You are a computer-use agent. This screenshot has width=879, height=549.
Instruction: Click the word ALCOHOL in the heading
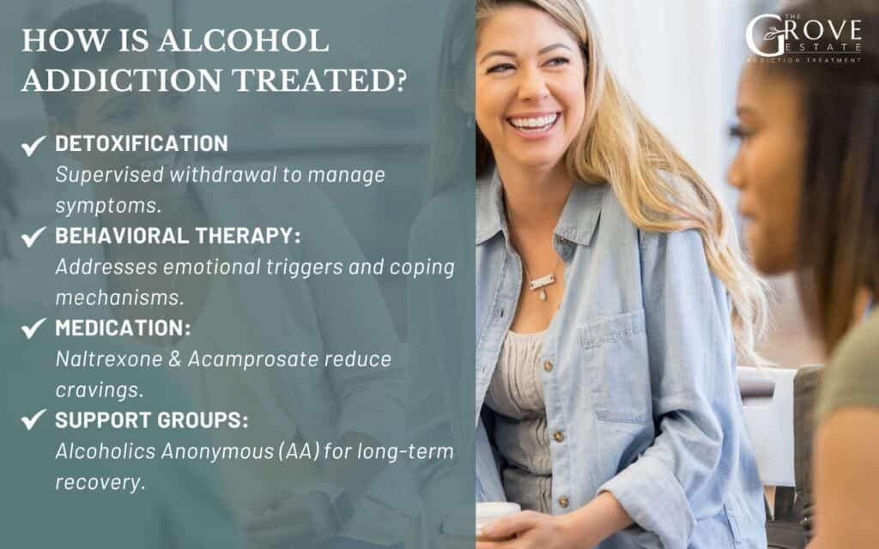pos(251,41)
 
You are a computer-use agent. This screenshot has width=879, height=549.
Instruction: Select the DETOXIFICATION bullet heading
pos(142,143)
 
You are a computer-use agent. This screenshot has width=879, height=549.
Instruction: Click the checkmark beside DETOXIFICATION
pos(33,146)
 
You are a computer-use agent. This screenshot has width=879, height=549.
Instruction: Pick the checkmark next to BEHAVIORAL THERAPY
pos(33,238)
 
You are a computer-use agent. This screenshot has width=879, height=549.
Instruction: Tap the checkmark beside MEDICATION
pos(33,329)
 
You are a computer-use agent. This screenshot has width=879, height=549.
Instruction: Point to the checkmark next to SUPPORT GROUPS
pos(33,420)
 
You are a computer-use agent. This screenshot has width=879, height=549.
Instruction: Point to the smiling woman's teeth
pos(532,122)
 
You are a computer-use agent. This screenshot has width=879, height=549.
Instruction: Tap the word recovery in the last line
pos(98,481)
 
